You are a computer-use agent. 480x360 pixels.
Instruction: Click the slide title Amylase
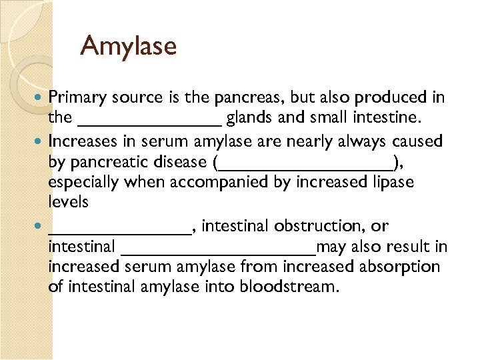128,46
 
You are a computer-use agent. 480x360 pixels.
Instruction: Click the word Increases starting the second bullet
81,141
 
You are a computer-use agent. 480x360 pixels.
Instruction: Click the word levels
68,201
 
